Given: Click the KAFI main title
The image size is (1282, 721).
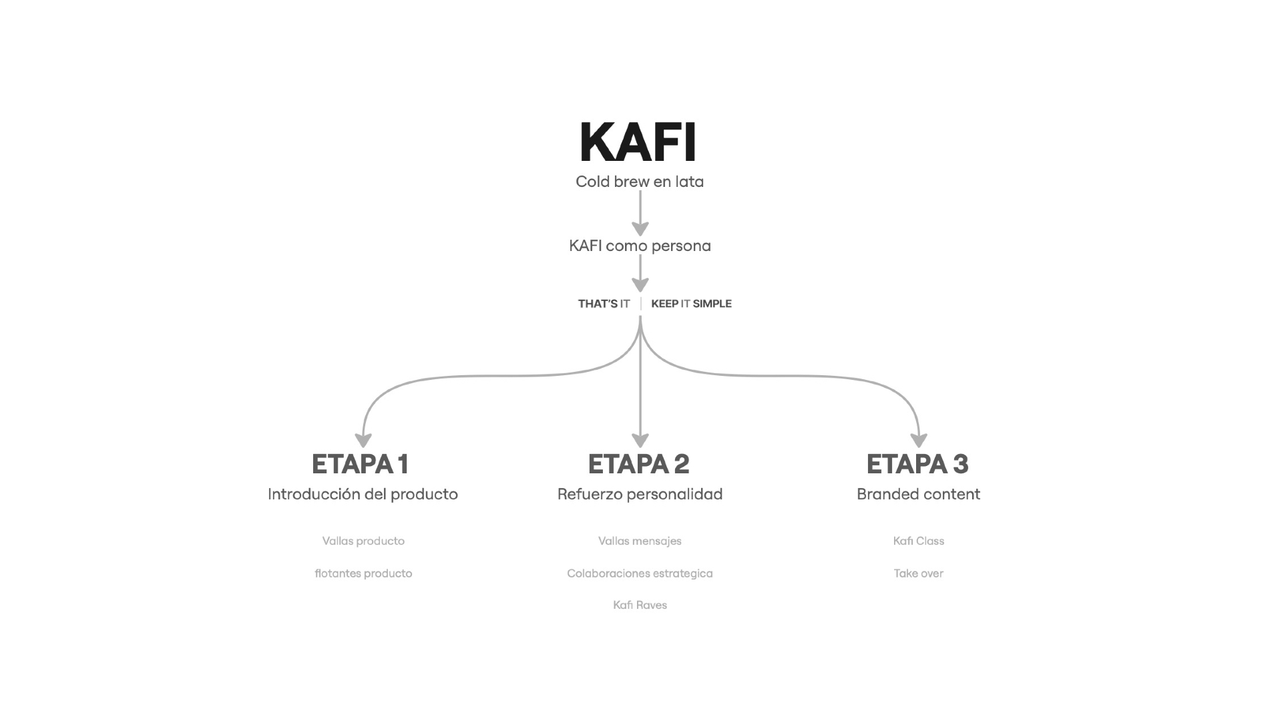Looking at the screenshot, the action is click(x=638, y=142).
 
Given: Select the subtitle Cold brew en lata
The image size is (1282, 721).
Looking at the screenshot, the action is click(x=640, y=182).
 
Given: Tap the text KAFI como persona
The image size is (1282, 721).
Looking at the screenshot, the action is click(x=640, y=246).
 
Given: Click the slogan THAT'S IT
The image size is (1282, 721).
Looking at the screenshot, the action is click(x=604, y=304).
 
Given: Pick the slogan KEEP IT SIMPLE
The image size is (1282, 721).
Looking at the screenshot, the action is click(x=691, y=304).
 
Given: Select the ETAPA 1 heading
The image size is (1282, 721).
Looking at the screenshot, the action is click(x=360, y=464).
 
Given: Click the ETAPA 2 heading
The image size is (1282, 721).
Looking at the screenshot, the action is click(x=638, y=464).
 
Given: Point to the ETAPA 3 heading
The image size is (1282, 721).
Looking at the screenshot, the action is click(x=917, y=464).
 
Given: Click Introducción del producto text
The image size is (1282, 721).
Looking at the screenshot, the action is click(x=363, y=494).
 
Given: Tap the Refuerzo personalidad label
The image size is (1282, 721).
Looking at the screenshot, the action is click(x=640, y=494).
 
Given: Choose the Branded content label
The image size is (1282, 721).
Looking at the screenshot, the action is click(x=918, y=494).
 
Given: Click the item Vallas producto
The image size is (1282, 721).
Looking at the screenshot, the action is click(x=363, y=541).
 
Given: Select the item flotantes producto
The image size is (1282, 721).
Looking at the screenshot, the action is click(x=363, y=573).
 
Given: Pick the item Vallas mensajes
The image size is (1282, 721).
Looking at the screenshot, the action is click(x=640, y=541).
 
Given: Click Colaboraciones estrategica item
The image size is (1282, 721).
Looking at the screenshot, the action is click(x=640, y=573).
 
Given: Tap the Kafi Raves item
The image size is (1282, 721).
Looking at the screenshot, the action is click(x=640, y=605).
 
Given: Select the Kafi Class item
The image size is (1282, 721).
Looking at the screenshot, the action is click(x=918, y=541).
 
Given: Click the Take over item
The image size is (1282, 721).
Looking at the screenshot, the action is click(x=918, y=573).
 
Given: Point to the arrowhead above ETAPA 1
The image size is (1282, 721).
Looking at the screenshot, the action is click(x=363, y=440).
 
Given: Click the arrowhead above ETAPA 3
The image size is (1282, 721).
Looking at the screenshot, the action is click(x=919, y=440).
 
